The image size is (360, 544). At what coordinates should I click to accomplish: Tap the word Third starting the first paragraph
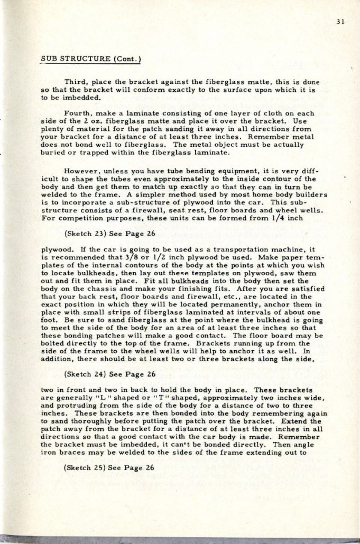click(x=75, y=82)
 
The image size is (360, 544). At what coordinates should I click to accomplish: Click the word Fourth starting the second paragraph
click(x=77, y=114)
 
